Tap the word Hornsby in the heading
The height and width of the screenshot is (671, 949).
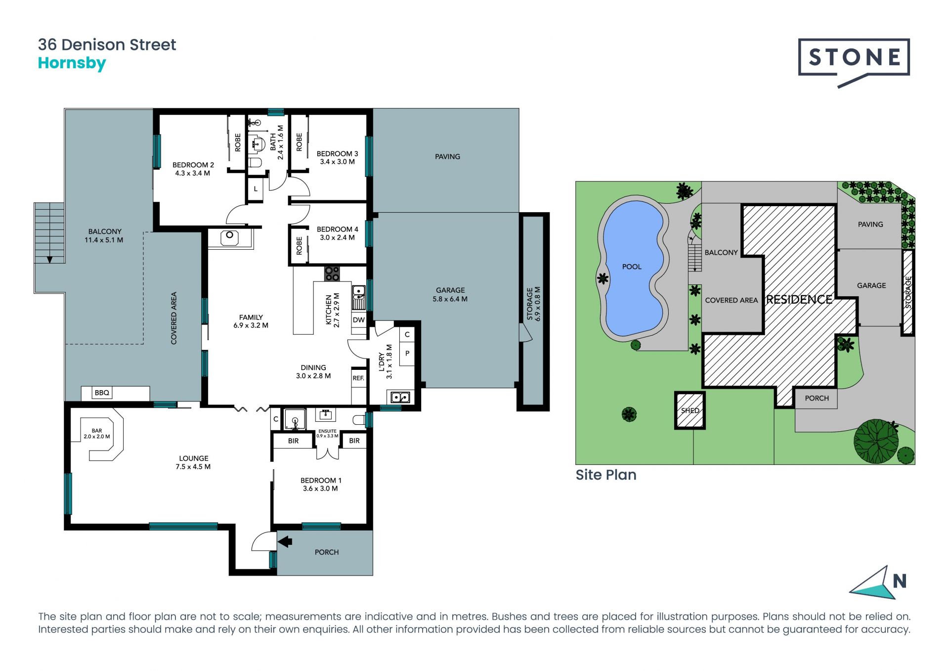(72, 64)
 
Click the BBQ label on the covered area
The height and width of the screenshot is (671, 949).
(102, 393)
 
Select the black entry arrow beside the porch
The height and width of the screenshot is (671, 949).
(285, 541)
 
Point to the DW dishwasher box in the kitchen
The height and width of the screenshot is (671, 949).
(359, 320)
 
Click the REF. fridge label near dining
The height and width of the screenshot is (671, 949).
(358, 378)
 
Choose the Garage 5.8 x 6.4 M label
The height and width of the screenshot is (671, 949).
(450, 294)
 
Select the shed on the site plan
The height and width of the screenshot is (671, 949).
(690, 410)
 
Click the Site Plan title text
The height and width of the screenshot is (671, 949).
(606, 475)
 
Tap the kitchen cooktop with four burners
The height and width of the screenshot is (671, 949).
(332, 274)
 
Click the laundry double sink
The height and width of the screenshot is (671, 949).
(400, 397)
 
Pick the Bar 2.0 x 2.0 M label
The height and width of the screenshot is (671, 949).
(97, 434)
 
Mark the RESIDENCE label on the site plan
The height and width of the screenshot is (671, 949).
(799, 300)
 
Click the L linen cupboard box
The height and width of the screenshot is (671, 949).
(256, 189)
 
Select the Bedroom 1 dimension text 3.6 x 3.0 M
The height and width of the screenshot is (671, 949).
(320, 489)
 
